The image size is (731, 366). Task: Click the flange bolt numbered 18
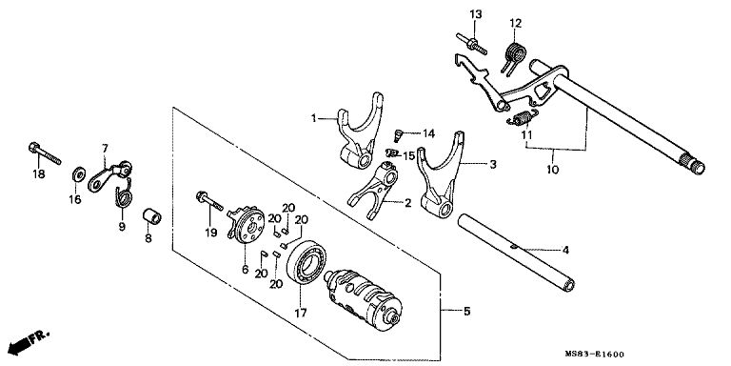coord(45,153)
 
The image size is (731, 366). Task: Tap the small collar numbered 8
coord(151,216)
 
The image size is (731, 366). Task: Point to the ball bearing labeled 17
coord(306,263)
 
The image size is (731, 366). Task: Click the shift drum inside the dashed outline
coord(364,296)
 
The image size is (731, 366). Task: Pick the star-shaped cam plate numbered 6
coord(246,223)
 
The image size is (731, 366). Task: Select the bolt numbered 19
coord(209,201)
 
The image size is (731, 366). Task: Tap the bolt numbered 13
coord(472,45)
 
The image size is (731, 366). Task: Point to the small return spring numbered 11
coord(523,117)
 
